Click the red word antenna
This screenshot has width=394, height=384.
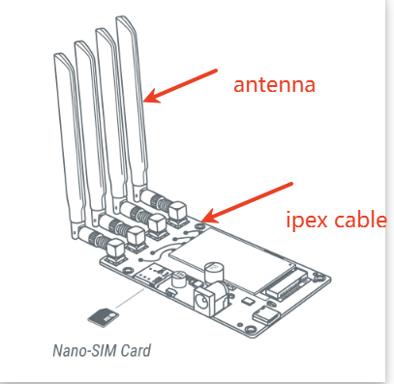click(274, 85)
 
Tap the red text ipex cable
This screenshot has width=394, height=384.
click(336, 221)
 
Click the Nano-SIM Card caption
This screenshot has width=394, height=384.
click(102, 350)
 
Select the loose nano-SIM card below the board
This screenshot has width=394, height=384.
click(103, 317)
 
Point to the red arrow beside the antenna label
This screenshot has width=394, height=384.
click(180, 86)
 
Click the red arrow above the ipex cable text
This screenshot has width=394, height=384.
click(248, 202)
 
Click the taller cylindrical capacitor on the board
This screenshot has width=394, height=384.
click(214, 274)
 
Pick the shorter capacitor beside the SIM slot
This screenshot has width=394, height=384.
click(178, 280)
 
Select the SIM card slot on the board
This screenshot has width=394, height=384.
click(151, 275)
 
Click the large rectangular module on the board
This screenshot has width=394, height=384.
click(231, 257)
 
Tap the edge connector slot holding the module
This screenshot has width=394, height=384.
click(286, 285)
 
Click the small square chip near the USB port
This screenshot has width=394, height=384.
click(248, 302)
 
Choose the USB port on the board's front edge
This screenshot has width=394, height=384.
click(266, 314)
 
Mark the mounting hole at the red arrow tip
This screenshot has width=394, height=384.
click(200, 226)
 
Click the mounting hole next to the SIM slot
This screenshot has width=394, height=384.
click(127, 269)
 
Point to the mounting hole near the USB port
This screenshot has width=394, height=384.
click(250, 329)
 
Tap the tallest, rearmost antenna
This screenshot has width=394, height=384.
click(133, 103)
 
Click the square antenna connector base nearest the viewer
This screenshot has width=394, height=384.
click(115, 251)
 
